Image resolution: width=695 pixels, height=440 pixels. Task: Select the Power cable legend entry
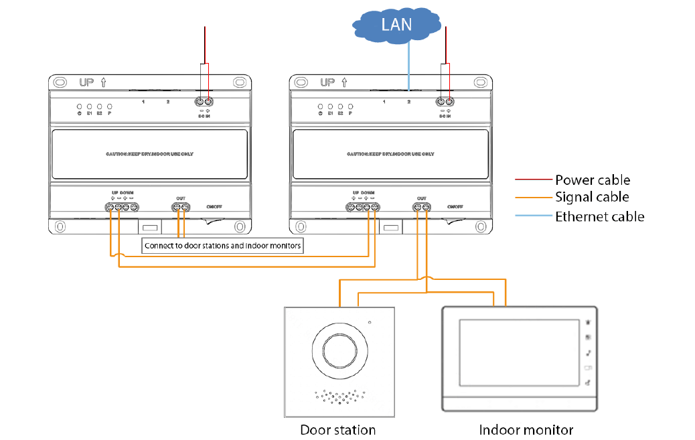pos(592,179)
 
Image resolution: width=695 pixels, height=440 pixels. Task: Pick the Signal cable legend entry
pos(592,197)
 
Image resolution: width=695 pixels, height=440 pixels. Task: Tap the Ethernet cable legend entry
pos(599,216)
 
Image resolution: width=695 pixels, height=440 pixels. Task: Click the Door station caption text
pos(337,429)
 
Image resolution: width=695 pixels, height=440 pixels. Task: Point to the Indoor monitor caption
pos(526,429)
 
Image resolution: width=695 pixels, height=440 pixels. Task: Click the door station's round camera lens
pos(339,349)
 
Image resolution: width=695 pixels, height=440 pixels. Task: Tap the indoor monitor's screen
pos(518,354)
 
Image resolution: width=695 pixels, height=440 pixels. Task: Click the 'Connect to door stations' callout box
pos(224,246)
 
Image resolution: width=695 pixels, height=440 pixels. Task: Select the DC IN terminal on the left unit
pos(204,102)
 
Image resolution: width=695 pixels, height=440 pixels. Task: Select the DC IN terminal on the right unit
pos(445,102)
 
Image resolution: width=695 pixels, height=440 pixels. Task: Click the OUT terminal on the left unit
pos(181,208)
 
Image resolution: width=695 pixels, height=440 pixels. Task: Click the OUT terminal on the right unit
pos(422,208)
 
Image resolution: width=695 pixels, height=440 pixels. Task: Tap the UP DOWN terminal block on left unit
pos(122,208)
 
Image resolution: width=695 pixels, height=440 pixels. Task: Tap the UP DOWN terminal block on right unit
pos(363,208)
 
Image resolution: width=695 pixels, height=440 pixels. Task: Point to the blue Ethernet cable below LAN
pos(408,64)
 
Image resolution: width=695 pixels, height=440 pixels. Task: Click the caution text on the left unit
pos(149,153)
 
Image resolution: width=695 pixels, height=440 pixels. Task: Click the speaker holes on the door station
pos(339,397)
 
